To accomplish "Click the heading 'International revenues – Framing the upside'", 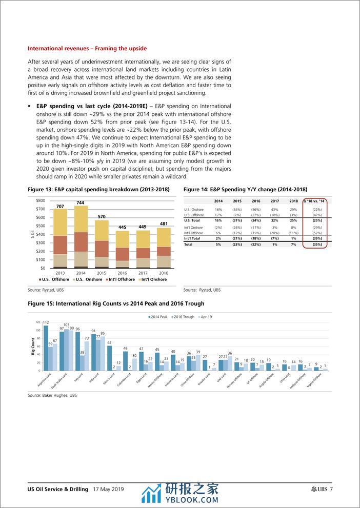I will click(x=87, y=49).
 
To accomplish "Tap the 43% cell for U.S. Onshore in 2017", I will click(x=274, y=210).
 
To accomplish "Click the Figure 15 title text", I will click(x=116, y=303).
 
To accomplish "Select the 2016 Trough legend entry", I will click(x=183, y=317).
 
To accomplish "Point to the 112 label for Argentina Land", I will click(x=46, y=322).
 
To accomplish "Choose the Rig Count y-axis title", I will click(x=33, y=346).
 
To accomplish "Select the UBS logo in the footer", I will click(x=322, y=489).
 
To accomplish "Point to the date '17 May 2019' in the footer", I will click(x=109, y=489).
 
